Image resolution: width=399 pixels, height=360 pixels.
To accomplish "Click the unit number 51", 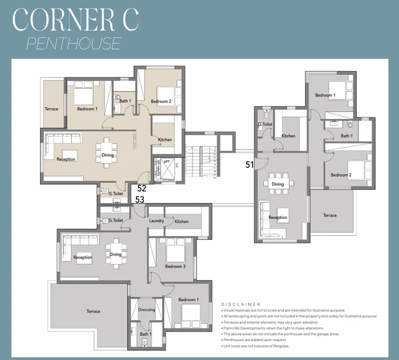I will [250, 164].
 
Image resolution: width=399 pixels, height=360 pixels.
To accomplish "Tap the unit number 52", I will [142, 188].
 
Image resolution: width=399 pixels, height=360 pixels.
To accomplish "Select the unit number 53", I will [140, 199].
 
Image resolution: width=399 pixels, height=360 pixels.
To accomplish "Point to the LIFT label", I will [167, 161].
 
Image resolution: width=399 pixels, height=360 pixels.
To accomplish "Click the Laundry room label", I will [156, 221].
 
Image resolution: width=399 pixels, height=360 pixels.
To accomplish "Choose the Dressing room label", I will [146, 310].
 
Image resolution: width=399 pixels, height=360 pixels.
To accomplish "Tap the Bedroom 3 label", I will [175, 266].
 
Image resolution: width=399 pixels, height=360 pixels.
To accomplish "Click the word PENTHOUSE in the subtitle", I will [74, 43].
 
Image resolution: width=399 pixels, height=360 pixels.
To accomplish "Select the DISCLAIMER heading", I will [241, 304].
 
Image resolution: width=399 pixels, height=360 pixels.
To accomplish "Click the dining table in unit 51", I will [278, 184].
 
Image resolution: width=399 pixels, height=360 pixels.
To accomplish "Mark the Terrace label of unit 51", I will [330, 215].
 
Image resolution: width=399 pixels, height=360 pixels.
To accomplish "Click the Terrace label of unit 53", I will [93, 311].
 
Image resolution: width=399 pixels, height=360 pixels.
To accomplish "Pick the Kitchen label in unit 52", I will [165, 140].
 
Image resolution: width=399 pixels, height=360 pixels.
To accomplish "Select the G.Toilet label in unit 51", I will [265, 124].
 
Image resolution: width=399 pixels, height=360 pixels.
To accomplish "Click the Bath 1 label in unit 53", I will [146, 334].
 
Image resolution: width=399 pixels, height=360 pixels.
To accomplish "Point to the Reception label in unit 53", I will [83, 257].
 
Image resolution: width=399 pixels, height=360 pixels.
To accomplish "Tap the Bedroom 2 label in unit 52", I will [161, 101].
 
